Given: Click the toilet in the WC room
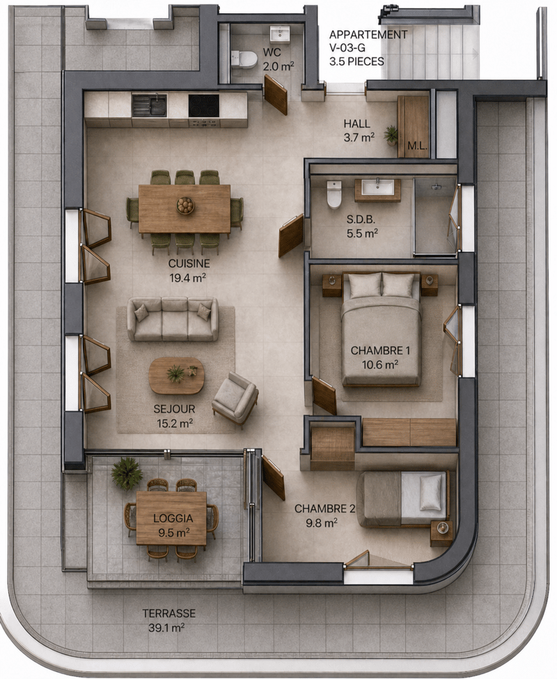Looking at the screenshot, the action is point(244,59).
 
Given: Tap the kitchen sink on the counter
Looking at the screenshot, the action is point(149,106).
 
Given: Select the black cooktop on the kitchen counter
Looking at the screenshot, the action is point(204,106).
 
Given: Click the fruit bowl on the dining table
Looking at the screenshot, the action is point(185,205).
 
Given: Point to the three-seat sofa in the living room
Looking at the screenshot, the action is point(173,319).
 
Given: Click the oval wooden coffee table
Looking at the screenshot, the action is point(176,376).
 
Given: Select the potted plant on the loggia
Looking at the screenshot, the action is point(127,473).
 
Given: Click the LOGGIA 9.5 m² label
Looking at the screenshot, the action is point(173,525).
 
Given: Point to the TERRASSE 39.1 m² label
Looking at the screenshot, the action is point(169,620).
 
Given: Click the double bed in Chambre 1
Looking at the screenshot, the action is point(381,329).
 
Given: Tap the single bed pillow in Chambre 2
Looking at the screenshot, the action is point(431,493).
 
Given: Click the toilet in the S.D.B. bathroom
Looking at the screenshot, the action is point(334,194).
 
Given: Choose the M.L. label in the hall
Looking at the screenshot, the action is point(418,146).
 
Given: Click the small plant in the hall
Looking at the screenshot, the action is point(391,135).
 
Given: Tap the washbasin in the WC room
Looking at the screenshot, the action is point(280,33).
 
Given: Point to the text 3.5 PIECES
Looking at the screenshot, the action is point(356,61).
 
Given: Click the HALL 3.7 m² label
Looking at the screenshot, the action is point(359,131).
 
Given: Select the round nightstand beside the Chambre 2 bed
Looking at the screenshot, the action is point(441,533).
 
